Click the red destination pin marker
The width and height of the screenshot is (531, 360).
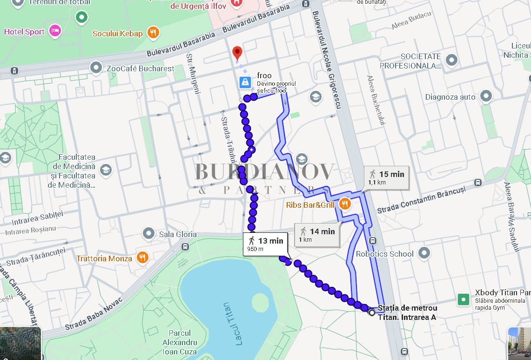point(237,52)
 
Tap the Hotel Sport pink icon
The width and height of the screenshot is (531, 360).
point(55,31)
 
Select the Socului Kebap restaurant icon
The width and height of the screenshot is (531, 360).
point(153,33)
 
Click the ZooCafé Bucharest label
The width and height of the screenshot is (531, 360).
point(140,68)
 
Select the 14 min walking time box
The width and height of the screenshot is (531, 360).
point(317,234)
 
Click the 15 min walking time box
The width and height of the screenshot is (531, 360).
point(386,177)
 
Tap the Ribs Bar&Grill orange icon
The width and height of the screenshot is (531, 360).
point(344,204)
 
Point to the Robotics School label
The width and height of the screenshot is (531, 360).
point(384,254)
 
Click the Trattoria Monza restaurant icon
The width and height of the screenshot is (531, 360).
point(143,258)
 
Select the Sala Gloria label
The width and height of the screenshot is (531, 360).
point(178,234)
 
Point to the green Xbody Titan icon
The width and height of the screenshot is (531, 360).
point(463,299)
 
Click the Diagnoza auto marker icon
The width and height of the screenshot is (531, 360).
point(486,96)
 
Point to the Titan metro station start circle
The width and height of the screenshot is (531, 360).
point(371,312)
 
